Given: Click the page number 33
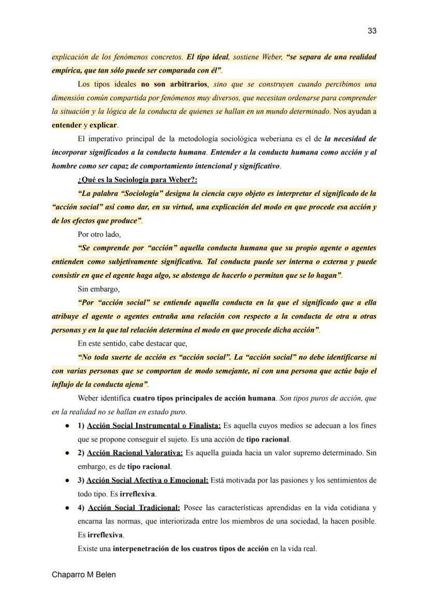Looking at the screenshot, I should pos(371,31).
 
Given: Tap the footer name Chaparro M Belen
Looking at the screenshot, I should pos(84,575).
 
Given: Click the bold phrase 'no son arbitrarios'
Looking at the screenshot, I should pos(175,84).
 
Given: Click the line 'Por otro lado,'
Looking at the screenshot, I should pos(99,234).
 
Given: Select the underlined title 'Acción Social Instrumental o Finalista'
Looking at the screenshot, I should pos(154,426).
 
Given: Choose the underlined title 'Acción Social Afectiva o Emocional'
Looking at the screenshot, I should pos(147,480).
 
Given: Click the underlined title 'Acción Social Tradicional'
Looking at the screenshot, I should pos(134,508).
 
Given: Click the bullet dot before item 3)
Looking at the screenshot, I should pos(67,480).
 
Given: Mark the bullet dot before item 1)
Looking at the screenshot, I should pos(67,426).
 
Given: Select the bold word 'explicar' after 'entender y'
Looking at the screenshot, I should pos(104,125).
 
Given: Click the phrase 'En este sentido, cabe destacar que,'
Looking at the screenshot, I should pos(132,343).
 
